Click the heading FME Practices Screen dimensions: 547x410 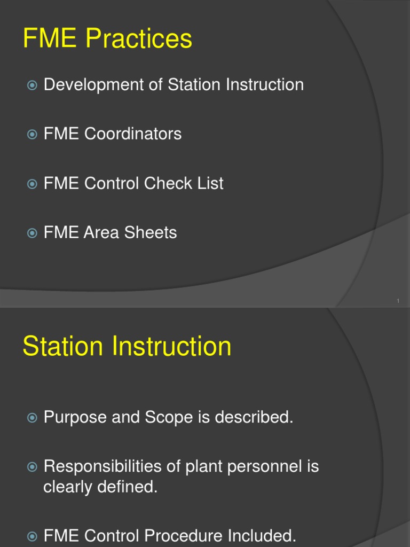107,39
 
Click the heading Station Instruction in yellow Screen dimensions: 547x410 127,346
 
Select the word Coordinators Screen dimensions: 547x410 133,134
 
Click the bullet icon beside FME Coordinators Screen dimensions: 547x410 32,134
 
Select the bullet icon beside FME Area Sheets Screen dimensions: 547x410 32,233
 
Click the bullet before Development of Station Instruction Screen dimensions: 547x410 32,85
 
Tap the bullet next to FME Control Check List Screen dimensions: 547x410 32,184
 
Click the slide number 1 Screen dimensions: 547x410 398,302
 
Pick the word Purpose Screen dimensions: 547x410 75,417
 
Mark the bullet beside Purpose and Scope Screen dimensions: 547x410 32,418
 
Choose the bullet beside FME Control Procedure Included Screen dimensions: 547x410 32,536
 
